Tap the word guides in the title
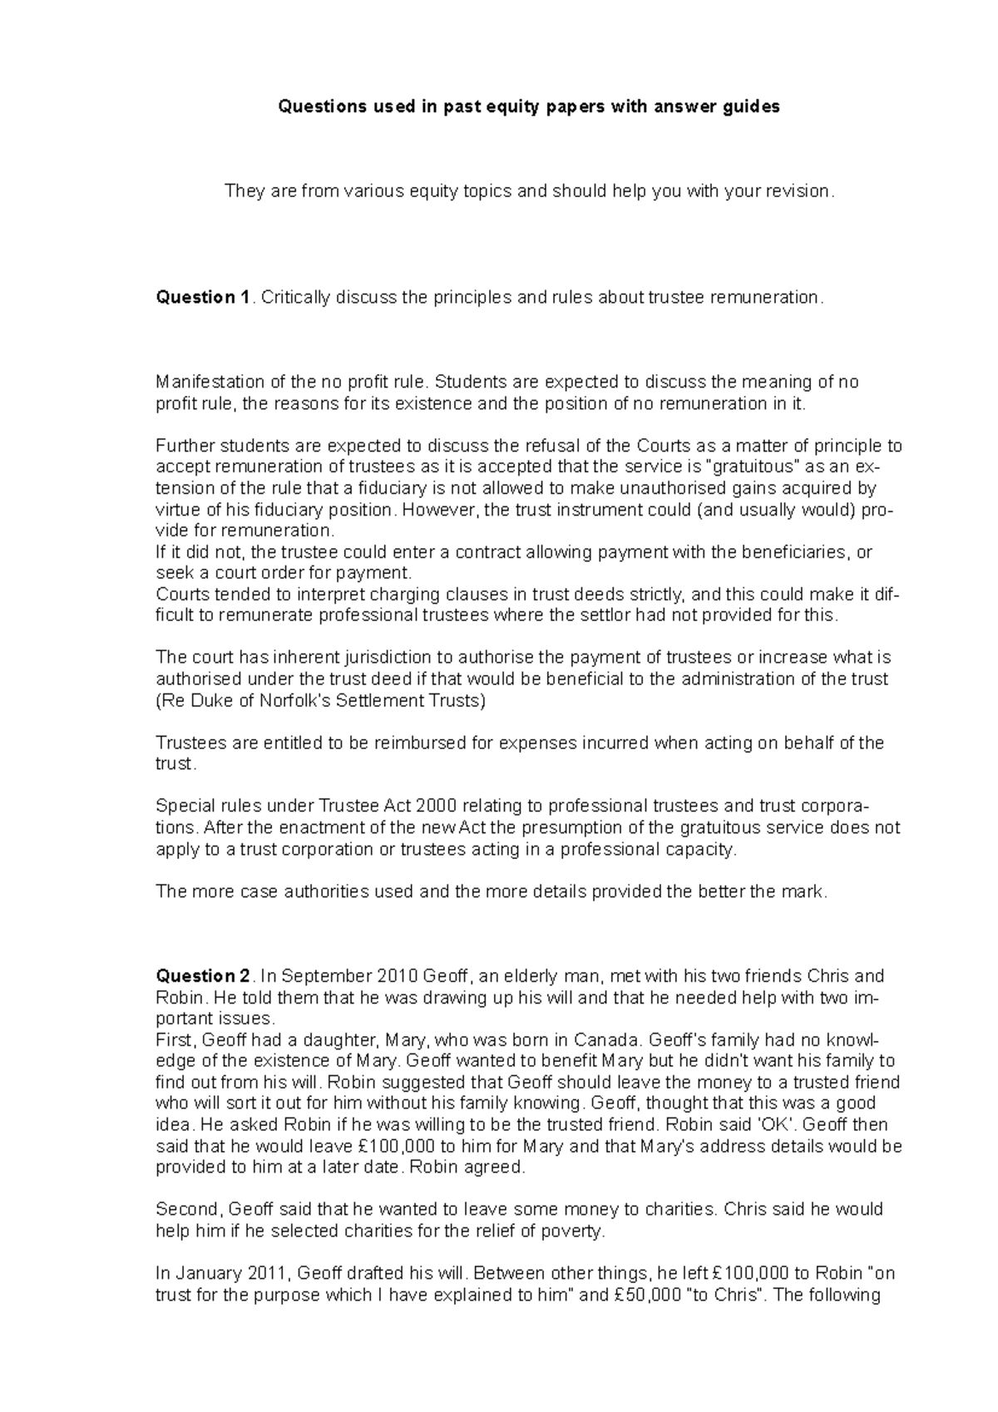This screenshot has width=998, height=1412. pyautogui.click(x=752, y=107)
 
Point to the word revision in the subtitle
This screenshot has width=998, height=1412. pyautogui.click(x=798, y=191)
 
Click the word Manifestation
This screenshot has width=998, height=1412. pyautogui.click(x=210, y=383)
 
